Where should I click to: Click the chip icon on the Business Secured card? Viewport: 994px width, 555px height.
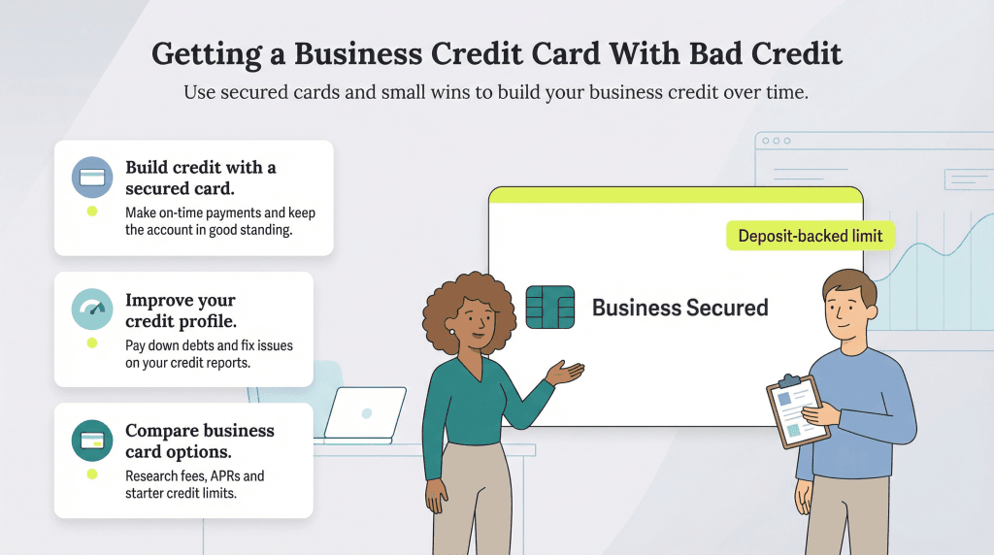click(x=549, y=308)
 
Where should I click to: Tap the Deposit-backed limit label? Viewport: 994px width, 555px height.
click(x=810, y=236)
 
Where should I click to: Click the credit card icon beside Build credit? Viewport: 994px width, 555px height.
click(x=92, y=179)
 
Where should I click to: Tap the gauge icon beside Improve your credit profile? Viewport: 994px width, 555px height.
click(x=92, y=310)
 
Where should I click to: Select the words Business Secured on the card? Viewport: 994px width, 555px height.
click(x=679, y=309)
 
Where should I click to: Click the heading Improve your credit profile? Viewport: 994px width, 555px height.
click(x=181, y=310)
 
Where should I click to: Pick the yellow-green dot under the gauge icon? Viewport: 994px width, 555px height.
click(x=92, y=343)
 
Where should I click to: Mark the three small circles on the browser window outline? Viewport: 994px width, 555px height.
click(x=775, y=142)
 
